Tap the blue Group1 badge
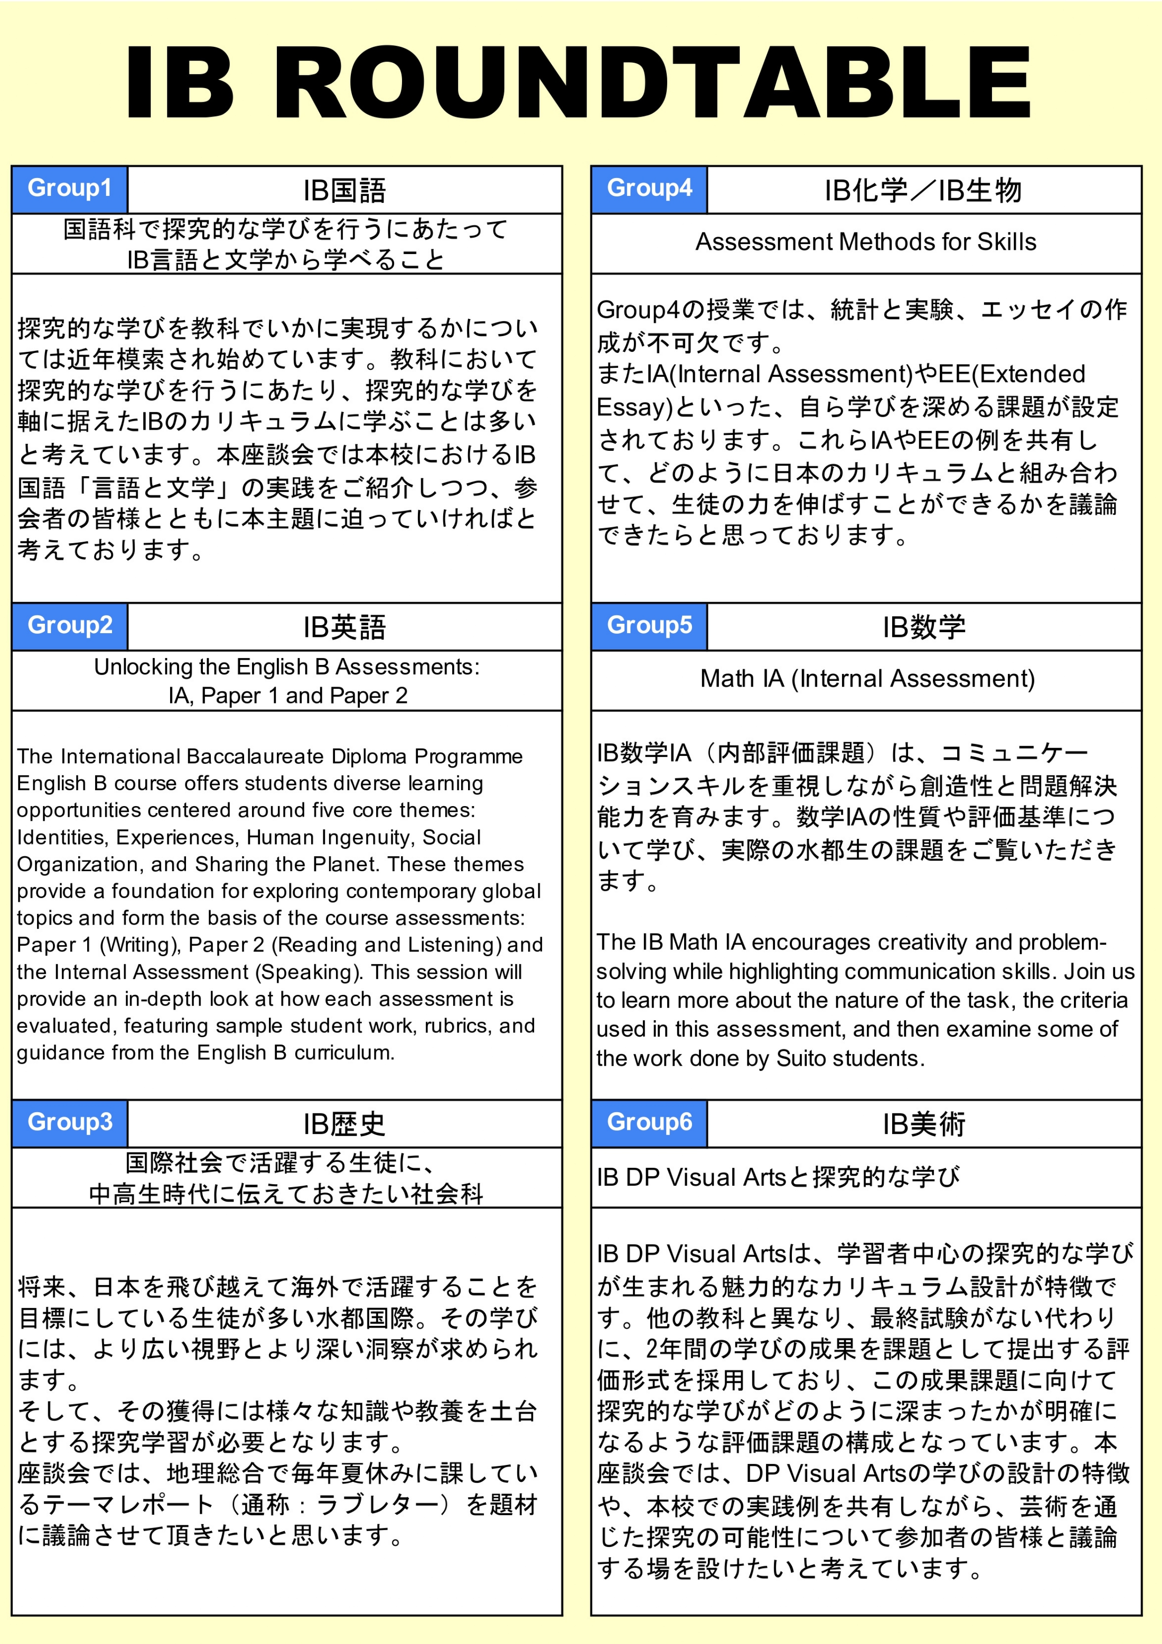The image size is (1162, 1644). click(x=69, y=189)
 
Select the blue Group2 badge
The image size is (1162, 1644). click(x=69, y=625)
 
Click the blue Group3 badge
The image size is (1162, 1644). click(x=69, y=1122)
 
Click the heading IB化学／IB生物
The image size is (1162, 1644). click(x=923, y=190)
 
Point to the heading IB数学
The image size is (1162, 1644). click(x=924, y=627)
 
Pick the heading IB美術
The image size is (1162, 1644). click(x=924, y=1124)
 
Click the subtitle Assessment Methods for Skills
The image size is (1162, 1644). click(x=865, y=242)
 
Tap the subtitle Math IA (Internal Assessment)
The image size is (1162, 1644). click(x=867, y=678)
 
